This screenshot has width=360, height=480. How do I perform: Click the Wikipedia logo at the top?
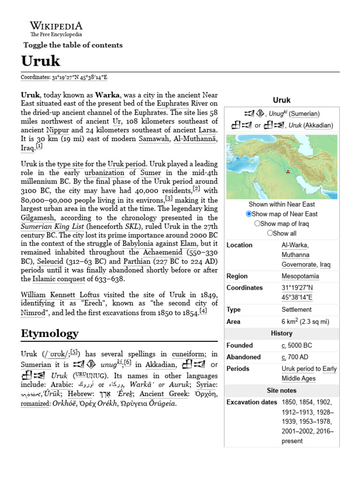[x=56, y=29]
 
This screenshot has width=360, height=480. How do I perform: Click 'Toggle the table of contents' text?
[x=73, y=45]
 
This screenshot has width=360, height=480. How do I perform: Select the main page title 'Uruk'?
[x=41, y=61]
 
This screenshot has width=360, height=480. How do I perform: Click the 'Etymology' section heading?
[x=50, y=333]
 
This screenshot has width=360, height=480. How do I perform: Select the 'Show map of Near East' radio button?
[x=249, y=214]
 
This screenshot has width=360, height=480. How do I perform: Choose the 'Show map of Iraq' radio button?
[x=257, y=224]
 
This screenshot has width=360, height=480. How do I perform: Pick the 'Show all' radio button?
[x=270, y=233]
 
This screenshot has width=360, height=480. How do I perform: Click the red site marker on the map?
[x=287, y=172]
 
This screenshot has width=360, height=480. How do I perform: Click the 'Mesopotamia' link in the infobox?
[x=300, y=276]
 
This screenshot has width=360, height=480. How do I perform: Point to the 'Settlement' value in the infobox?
[x=296, y=309]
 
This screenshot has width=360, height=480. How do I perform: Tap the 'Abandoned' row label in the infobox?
[x=243, y=357]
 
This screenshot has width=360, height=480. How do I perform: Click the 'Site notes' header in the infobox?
[x=281, y=390]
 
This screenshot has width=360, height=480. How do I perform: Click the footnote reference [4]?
[x=202, y=311]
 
